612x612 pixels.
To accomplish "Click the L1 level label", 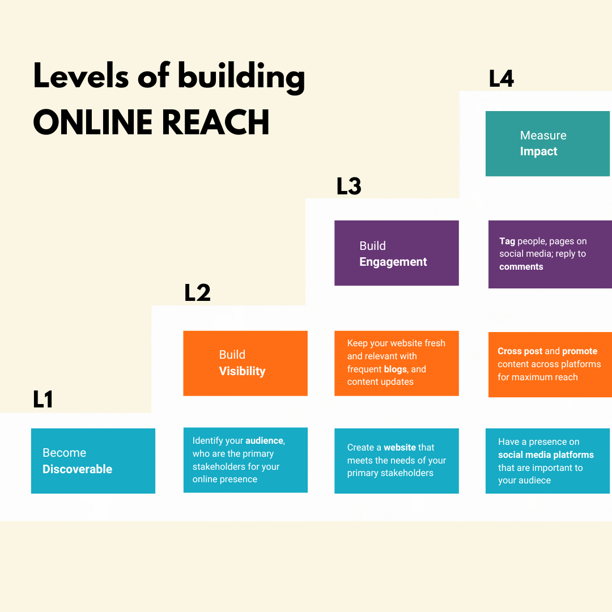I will point(43,399).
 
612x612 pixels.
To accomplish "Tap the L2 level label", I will point(197,293).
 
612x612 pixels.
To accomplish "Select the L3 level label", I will point(348,186).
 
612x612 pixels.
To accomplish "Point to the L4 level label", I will point(501,79).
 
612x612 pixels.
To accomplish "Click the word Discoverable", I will point(77,469).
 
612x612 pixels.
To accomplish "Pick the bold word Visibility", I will point(242,371).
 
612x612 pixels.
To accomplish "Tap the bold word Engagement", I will point(393,262).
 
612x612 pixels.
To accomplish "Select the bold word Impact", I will point(538,151).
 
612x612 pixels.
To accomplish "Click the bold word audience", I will point(265,440).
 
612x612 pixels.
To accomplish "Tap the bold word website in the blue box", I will point(400,447).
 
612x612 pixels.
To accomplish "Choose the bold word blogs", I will point(396,369).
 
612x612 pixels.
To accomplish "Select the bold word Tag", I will point(507,241).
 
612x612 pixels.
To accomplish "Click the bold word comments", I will point(521,266).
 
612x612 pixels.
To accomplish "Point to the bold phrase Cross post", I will point(520,351).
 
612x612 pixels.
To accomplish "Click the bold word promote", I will point(579,351).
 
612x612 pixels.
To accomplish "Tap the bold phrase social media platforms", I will point(546,454).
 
